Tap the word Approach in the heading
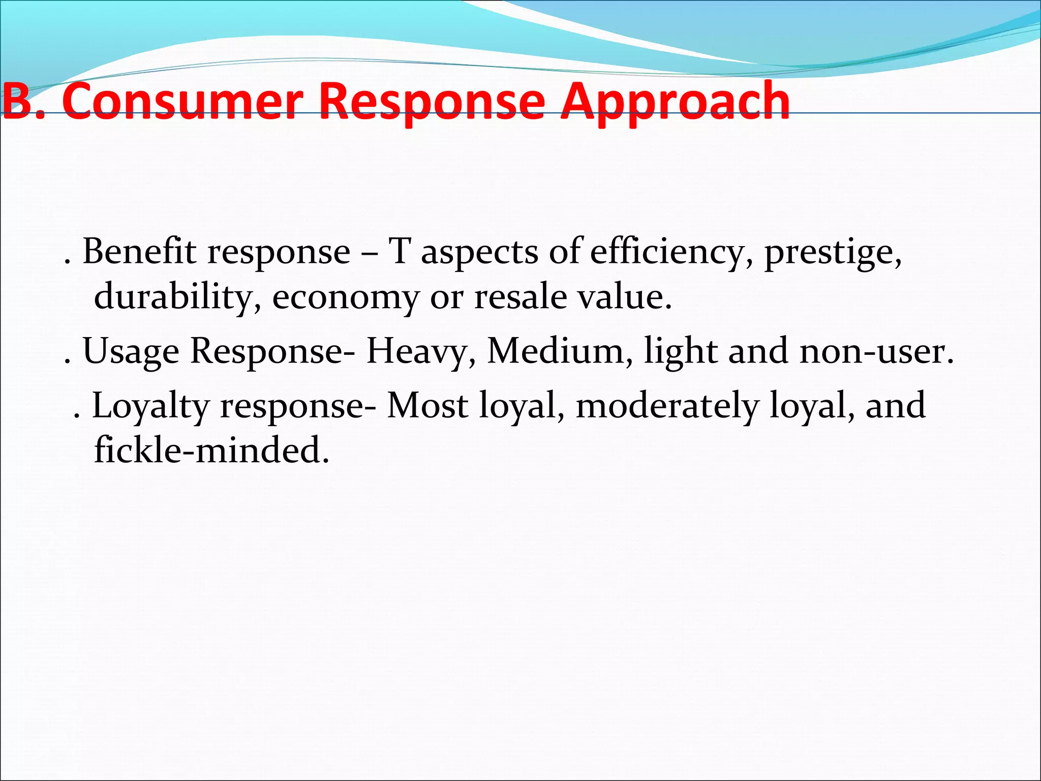click(675, 103)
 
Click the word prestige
click(833, 253)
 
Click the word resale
click(520, 296)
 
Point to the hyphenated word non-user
click(876, 352)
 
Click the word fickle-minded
click(211, 450)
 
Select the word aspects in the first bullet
click(479, 253)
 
